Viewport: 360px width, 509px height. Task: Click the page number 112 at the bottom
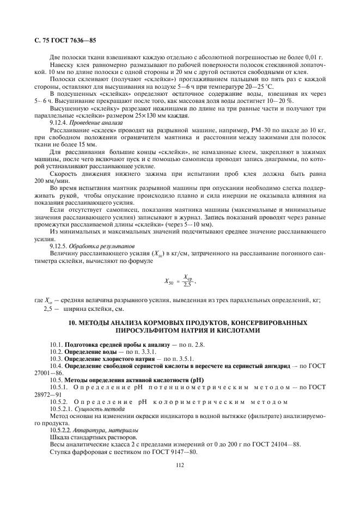[180, 464]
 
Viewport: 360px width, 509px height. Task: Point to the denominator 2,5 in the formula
[187, 284]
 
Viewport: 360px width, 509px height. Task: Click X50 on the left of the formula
[170, 281]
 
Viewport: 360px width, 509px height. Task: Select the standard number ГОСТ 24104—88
[271, 445]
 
